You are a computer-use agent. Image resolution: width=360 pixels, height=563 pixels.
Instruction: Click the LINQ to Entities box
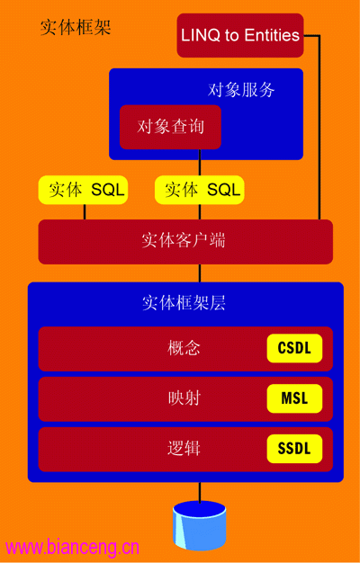[240, 35]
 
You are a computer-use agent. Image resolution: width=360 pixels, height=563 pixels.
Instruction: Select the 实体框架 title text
[76, 28]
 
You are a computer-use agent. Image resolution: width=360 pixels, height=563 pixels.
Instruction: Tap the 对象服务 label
[241, 89]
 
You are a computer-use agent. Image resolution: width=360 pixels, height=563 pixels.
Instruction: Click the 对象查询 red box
[170, 127]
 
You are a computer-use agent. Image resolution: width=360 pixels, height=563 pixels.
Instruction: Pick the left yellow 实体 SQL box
[83, 190]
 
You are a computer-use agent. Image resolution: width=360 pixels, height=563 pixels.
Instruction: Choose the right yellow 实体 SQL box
[200, 190]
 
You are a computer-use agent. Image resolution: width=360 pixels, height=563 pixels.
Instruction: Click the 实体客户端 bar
[185, 242]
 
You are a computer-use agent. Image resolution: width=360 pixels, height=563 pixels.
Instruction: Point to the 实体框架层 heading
[184, 304]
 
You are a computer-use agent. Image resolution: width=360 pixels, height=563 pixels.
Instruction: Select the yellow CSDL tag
[294, 348]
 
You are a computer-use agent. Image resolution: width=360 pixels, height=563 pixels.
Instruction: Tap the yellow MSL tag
[294, 398]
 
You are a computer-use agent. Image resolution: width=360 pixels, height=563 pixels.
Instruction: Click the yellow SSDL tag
[294, 449]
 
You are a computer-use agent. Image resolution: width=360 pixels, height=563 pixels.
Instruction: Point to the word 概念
[184, 348]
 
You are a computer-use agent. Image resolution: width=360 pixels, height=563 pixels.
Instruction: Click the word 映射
[184, 398]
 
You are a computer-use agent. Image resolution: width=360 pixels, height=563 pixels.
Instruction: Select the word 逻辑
[184, 449]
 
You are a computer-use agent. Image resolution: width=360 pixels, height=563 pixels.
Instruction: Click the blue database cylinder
[200, 523]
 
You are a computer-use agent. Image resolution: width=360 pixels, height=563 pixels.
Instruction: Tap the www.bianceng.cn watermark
[72, 548]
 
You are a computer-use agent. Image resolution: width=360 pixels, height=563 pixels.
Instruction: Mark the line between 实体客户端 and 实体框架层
[200, 273]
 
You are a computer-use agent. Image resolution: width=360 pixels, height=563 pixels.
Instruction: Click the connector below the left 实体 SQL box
[85, 212]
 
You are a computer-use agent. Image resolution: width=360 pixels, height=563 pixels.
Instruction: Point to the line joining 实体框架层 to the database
[200, 492]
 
